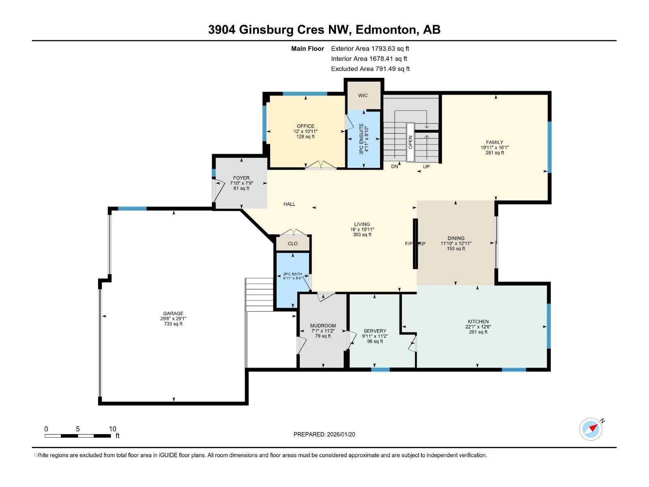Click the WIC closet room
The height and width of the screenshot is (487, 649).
tap(363, 96)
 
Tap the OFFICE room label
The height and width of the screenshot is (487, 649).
tap(305, 126)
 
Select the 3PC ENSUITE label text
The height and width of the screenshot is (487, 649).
tap(361, 139)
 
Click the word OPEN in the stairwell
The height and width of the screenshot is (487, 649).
tap(410, 142)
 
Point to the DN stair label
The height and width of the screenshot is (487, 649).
tap(395, 166)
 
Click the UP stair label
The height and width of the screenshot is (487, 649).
tap(426, 166)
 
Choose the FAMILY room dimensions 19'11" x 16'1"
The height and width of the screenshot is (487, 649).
tap(494, 148)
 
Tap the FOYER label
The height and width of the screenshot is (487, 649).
tap(241, 178)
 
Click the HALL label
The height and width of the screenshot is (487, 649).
tap(289, 204)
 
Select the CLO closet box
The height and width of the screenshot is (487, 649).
tap(292, 243)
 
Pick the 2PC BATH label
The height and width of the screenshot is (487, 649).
tap(292, 274)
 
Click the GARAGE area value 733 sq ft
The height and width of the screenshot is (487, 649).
tap(173, 324)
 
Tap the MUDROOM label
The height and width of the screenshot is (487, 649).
tap(323, 325)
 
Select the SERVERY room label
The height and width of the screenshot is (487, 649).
tap(375, 331)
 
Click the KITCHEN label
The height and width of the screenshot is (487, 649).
tap(478, 321)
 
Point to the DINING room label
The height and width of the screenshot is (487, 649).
tap(456, 238)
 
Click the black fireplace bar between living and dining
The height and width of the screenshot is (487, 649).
tap(415, 243)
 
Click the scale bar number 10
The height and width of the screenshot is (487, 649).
tap(112, 429)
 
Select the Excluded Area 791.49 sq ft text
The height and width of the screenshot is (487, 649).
tap(370, 69)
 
